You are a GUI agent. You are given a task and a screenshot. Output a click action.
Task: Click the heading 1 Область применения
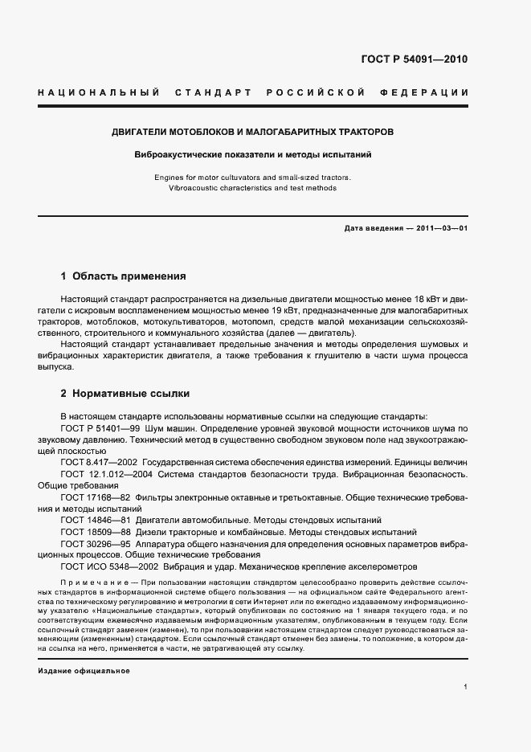click(123, 276)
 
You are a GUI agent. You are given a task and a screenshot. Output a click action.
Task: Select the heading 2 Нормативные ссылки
click(125, 394)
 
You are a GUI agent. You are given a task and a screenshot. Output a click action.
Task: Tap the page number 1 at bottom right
click(466, 687)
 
